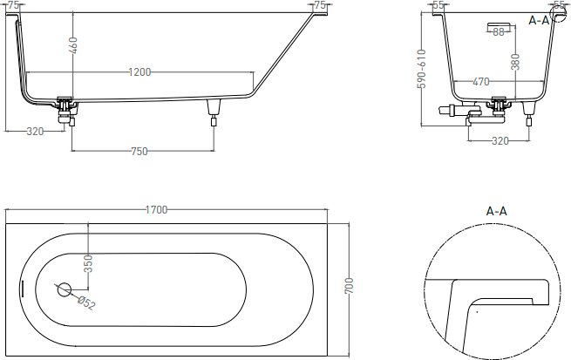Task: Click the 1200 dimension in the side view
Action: click(x=139, y=72)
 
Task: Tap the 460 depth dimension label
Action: click(x=73, y=45)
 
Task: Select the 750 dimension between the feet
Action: click(x=139, y=152)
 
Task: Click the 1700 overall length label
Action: click(x=157, y=210)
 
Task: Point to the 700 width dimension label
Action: click(x=349, y=286)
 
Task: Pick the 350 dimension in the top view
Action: click(x=88, y=263)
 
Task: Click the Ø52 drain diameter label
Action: click(x=86, y=302)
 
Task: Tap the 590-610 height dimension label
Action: click(x=421, y=69)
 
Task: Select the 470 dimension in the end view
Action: click(x=481, y=82)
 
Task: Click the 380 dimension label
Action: click(x=515, y=61)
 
